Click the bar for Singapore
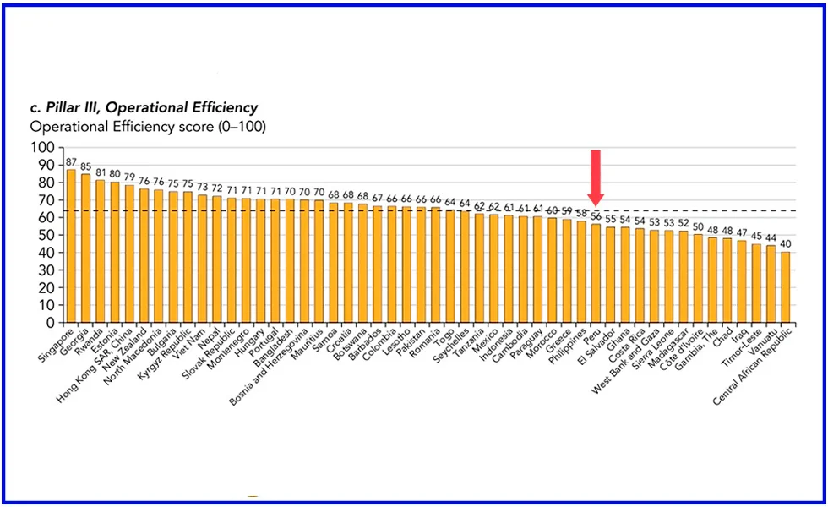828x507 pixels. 72,246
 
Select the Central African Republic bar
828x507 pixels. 785,287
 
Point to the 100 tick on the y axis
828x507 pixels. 42,147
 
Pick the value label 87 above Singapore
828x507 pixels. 72,162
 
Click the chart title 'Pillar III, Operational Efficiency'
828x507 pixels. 144,107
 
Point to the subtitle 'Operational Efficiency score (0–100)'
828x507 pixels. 148,127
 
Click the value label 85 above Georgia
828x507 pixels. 86,166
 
